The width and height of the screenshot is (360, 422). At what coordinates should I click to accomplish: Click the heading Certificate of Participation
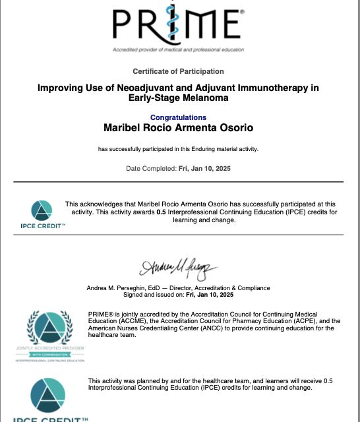(x=178, y=71)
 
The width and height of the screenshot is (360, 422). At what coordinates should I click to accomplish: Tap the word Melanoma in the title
(x=204, y=98)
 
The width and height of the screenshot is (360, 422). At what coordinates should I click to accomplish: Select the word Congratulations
(x=178, y=117)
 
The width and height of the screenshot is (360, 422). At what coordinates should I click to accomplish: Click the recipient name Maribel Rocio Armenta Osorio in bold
(x=178, y=127)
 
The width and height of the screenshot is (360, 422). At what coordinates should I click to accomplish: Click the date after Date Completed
(x=204, y=169)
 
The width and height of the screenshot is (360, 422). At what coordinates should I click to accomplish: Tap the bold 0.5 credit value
(x=160, y=212)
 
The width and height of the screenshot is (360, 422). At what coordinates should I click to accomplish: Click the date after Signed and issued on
(x=210, y=295)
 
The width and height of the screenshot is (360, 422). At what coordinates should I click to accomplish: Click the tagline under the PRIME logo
(x=178, y=50)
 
